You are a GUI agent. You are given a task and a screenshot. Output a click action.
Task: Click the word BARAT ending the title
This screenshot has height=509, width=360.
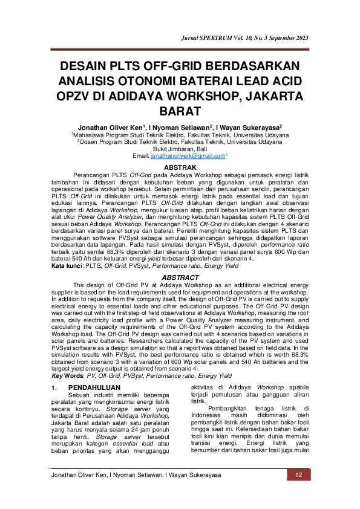tap(180, 112)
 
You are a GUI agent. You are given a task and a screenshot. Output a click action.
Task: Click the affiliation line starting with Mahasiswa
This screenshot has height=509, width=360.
tap(180, 135)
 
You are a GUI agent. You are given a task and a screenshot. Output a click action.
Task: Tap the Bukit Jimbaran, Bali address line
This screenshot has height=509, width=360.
tap(180, 149)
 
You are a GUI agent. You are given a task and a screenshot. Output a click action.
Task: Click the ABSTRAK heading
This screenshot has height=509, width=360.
tap(180, 166)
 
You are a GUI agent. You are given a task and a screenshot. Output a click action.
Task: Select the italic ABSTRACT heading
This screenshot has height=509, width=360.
tap(180, 276)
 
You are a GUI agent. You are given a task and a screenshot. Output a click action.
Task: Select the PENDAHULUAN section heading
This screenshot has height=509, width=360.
tap(94, 371)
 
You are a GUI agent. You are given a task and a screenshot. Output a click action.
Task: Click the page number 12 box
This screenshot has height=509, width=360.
tap(298, 475)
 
